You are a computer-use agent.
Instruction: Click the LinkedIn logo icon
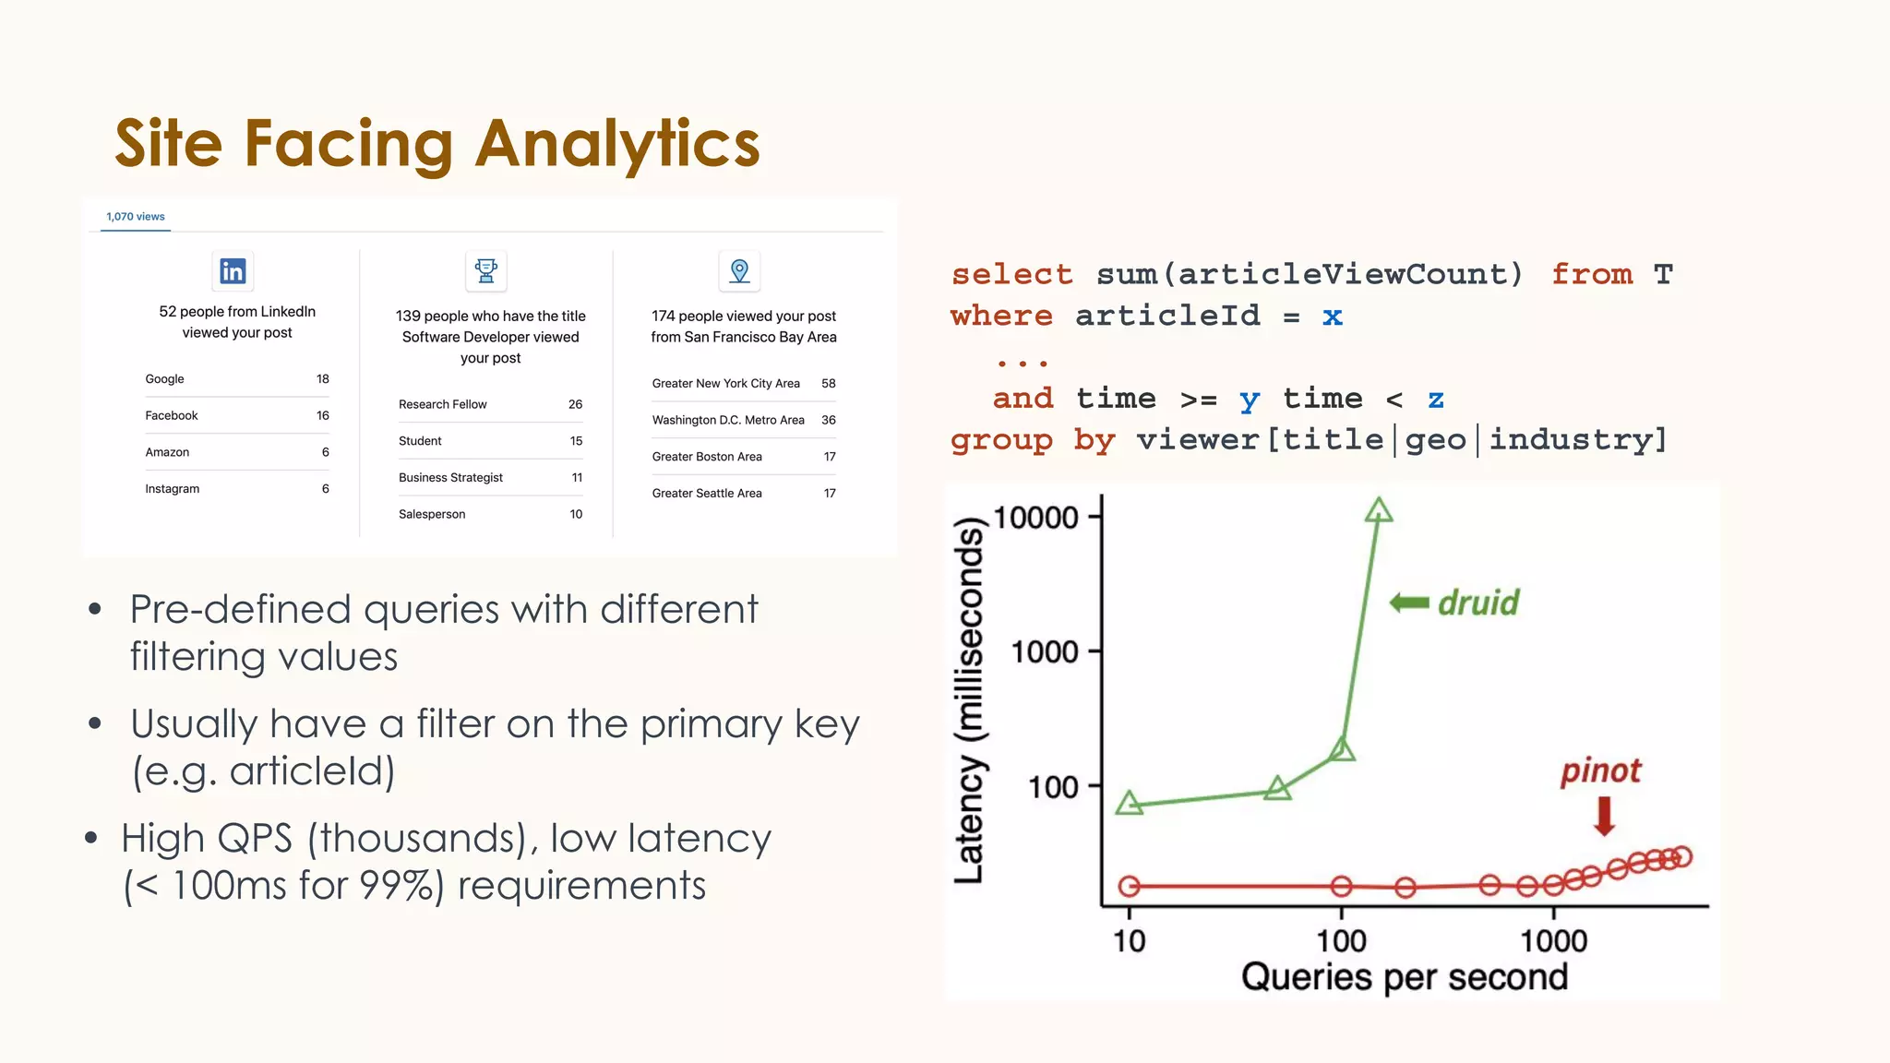pyautogui.click(x=233, y=271)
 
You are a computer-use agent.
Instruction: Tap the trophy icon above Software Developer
pyautogui.click(x=486, y=271)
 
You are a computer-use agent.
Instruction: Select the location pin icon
pyautogui.click(x=739, y=271)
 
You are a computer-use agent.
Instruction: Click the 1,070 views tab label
pyautogui.click(x=136, y=217)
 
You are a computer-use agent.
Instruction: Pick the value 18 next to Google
pyautogui.click(x=322, y=379)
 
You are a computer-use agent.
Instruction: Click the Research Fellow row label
pyautogui.click(x=442, y=404)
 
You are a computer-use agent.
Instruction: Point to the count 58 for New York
pyautogui.click(x=828, y=384)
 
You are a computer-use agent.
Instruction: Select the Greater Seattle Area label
pyautogui.click(x=707, y=494)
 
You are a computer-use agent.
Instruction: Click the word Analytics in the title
pyautogui.click(x=617, y=144)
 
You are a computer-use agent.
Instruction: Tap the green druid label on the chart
pyautogui.click(x=1478, y=603)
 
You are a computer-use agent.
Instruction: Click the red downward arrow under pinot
pyautogui.click(x=1605, y=816)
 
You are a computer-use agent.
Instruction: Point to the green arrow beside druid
pyautogui.click(x=1409, y=603)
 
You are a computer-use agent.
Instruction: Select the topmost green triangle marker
pyautogui.click(x=1379, y=510)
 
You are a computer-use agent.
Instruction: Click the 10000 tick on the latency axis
pyautogui.click(x=1035, y=518)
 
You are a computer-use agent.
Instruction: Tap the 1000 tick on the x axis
pyautogui.click(x=1553, y=941)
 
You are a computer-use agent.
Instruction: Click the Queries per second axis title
pyautogui.click(x=1404, y=976)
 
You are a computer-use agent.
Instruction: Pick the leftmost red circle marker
pyautogui.click(x=1130, y=887)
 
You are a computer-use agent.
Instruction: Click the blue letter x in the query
pyautogui.click(x=1332, y=317)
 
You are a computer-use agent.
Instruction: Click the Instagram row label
pyautogui.click(x=173, y=489)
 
